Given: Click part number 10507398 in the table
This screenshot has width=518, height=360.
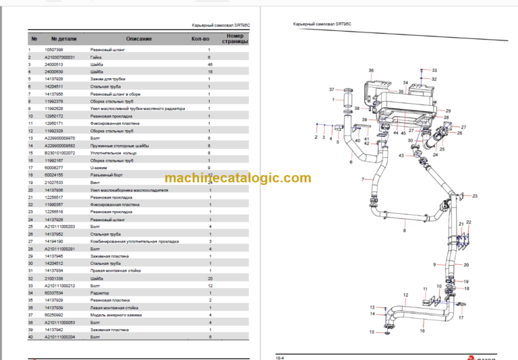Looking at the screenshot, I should point(54,50).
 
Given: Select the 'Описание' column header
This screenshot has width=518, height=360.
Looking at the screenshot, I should point(138,39).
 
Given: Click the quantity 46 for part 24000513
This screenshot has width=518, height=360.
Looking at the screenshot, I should point(209,64).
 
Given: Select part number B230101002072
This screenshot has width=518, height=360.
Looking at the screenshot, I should point(61,154).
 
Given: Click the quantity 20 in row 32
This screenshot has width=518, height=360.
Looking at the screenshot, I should point(209,278).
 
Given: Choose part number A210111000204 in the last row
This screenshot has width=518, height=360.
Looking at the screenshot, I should point(61,336).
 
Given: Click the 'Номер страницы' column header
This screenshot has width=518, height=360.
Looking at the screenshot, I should point(234,39).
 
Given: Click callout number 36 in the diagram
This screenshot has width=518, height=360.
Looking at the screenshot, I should point(370,71).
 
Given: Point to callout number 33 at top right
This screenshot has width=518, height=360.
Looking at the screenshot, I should point(434,70).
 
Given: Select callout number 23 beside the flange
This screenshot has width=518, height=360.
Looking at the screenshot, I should point(474,196).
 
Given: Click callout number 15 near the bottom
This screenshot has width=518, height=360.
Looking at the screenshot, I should point(370,332).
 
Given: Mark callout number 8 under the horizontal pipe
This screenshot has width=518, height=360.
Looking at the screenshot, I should point(404,231).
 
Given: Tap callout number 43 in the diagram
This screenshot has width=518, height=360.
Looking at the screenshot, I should point(401,156).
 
